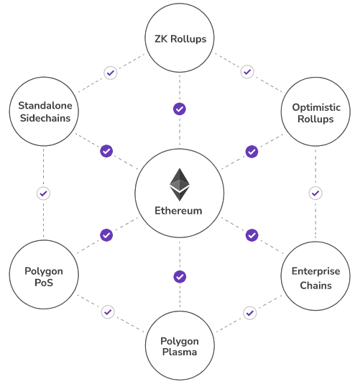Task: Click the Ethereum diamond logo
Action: point(180,185)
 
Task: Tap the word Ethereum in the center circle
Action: point(178,211)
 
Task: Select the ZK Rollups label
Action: point(180,39)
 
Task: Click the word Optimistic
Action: point(316,107)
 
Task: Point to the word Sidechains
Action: point(45,118)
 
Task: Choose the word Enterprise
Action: point(315,271)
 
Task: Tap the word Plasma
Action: point(180,352)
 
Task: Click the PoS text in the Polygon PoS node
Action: point(44,283)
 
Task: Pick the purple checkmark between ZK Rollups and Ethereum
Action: point(180,109)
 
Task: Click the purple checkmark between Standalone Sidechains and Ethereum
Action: point(106,151)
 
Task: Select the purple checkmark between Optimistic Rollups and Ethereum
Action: point(251,152)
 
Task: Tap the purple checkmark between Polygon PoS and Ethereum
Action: point(106,235)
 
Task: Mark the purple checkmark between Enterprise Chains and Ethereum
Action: point(251,235)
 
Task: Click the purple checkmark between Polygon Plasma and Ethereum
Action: point(180,277)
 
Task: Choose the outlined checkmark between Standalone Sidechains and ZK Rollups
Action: point(111,73)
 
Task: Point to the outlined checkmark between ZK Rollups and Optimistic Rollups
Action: point(247,72)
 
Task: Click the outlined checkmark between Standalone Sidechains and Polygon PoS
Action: point(43,193)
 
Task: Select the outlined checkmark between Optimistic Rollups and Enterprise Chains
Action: point(315,193)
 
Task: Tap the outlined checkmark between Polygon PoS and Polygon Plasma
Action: point(108,312)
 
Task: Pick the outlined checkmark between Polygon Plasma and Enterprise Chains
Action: point(250,313)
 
